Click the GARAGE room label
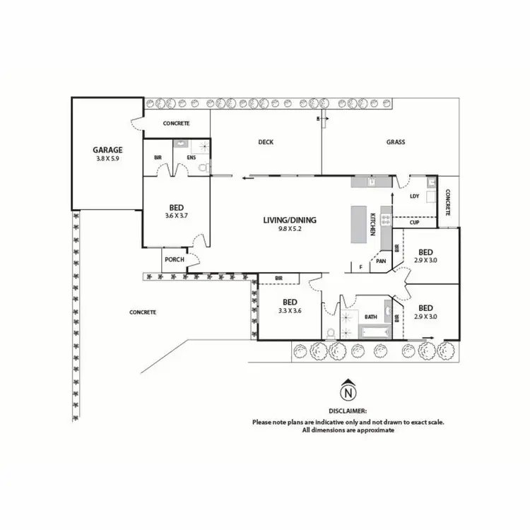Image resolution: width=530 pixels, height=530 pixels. pos(108,150)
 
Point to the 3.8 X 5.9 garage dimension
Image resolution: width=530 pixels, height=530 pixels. pos(108,159)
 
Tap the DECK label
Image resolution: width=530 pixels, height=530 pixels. pos(266,142)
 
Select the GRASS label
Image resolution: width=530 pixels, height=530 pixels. pos(395,142)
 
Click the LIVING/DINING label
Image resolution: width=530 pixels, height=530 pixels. pos(290,220)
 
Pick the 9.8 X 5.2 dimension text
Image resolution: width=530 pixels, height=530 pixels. pos(290,229)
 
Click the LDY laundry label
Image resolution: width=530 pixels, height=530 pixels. pos(415,196)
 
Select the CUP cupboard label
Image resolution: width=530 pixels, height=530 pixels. pos(415,223)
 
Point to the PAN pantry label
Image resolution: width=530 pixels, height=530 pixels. pos(381,261)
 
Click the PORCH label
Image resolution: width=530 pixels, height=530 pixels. pos(174,259)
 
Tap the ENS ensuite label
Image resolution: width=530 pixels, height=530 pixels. pos(191,157)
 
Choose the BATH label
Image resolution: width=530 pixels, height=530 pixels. pos(371,317)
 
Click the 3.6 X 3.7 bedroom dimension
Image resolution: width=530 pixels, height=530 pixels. pos(176,216)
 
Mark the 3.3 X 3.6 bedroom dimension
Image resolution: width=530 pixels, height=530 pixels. pos(290,310)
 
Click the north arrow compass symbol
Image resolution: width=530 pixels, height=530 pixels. pos(347,391)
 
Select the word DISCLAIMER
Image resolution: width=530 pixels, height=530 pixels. pos(348,410)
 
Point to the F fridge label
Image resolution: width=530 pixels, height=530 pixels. pos(360,266)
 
